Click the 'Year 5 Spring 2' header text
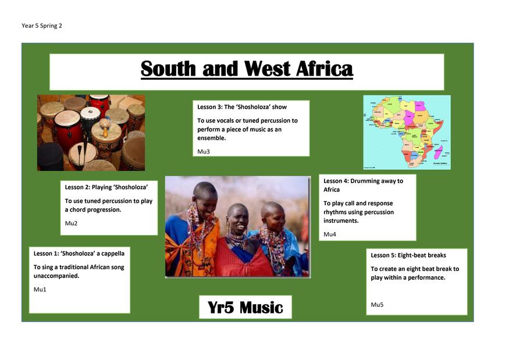pos(41,26)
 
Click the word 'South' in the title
pos(168,69)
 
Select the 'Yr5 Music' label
pos(245,308)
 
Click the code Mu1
pos(40,289)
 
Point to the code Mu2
pos(71,223)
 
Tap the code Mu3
pos(204,151)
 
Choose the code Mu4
pos(330,234)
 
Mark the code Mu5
pos(377,305)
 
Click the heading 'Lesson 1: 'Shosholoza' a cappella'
pos(79,254)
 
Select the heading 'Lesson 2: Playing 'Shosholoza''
pos(106,187)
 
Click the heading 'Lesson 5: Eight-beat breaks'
pos(408,255)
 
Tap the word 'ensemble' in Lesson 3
pos(211,138)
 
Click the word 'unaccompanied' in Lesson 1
pos(56,276)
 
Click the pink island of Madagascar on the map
pos(438,152)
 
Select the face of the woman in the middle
pos(239,221)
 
